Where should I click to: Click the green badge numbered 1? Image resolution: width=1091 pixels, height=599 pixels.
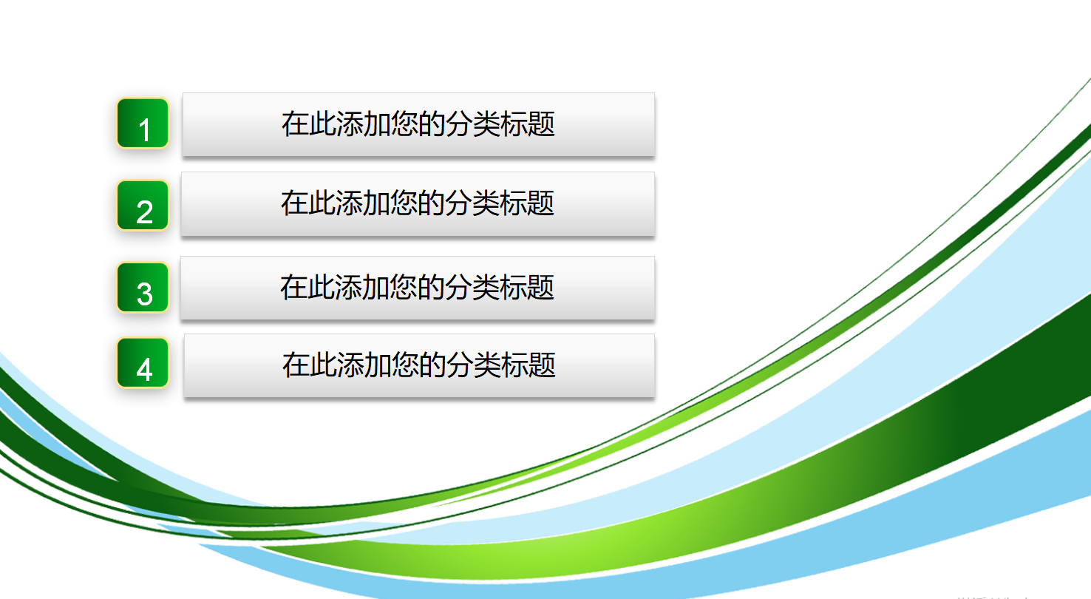pyautogui.click(x=143, y=123)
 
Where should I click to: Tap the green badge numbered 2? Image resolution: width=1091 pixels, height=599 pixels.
pyautogui.click(x=143, y=205)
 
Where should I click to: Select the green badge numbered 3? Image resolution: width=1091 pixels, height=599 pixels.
pyautogui.click(x=143, y=287)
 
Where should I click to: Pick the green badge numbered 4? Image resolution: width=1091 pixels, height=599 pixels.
pyautogui.click(x=143, y=362)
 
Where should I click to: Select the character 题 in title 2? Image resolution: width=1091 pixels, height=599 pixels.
pyautogui.click(x=541, y=203)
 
